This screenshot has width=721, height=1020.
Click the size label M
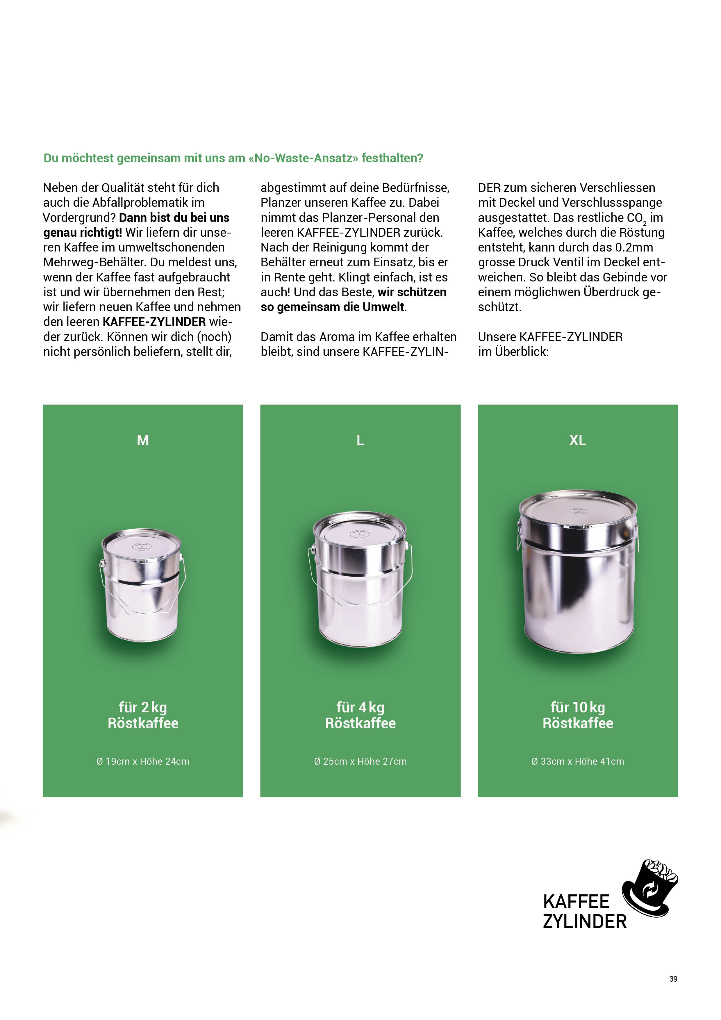coord(142,440)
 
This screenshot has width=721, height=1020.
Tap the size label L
coord(360,440)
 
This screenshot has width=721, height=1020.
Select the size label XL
coord(577,440)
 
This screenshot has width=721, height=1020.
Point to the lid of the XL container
coord(578,511)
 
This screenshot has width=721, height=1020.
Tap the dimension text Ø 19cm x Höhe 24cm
coord(142,762)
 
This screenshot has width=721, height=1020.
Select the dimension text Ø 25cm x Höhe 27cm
coord(360,762)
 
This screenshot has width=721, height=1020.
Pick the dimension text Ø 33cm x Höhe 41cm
coord(577,762)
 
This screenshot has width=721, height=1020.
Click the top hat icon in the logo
coord(649,889)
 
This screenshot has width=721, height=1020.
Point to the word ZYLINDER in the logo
coord(585,922)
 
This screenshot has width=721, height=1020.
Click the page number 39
coord(673,979)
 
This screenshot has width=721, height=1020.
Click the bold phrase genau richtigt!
coord(83,232)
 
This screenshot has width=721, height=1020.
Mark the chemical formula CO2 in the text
coord(637,218)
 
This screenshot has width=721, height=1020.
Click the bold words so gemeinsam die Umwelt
coord(333,307)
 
